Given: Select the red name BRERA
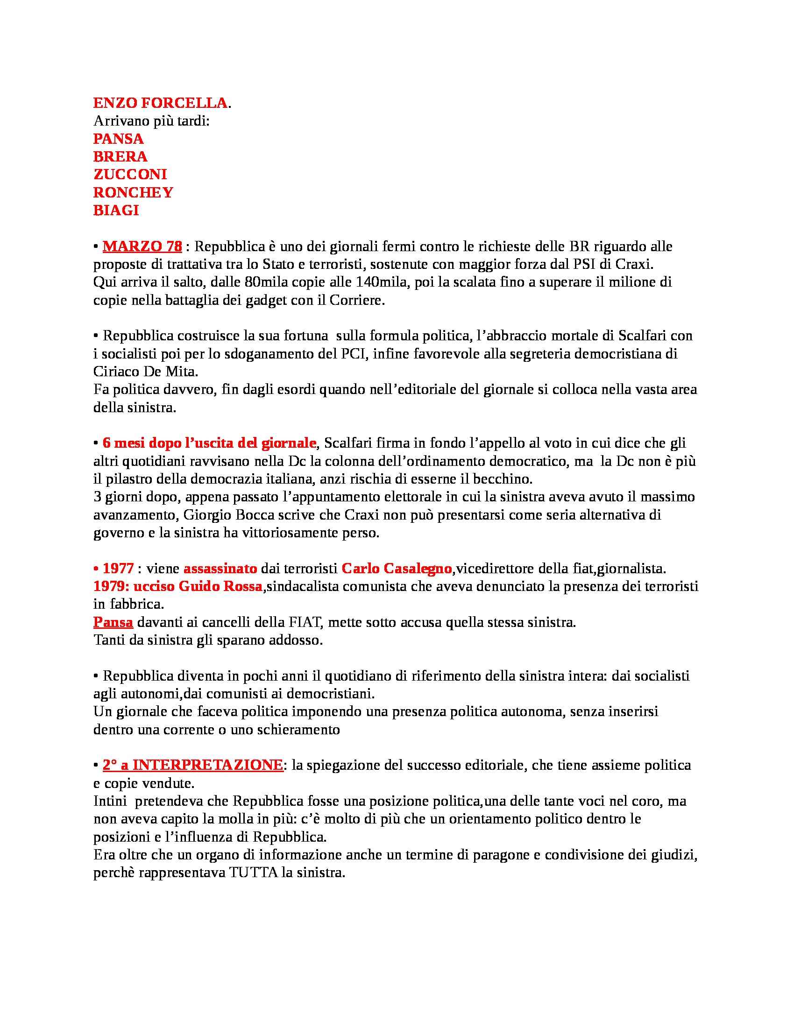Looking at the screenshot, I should pos(120,156).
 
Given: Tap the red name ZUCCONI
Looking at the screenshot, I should pos(130,175).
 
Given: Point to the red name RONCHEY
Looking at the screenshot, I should pos(133,192).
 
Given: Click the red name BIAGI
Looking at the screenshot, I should pos(116,210).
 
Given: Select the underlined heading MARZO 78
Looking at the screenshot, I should pos(142,246).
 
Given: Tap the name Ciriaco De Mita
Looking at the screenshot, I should pos(145,372).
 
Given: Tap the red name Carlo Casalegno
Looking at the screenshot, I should pos(397,569).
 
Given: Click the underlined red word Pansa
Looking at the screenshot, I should pos(113,622).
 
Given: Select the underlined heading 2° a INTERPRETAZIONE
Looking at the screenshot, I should pos(193,765).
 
